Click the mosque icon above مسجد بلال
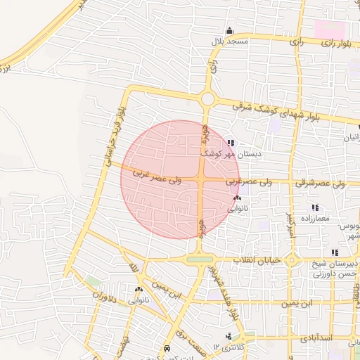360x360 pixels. tap(229, 31)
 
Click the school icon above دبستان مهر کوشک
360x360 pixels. tap(231, 143)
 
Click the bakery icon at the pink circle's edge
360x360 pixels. tap(237, 199)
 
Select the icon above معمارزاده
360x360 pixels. tap(315, 207)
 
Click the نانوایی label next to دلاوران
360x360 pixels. tap(138, 300)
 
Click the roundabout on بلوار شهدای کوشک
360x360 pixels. tap(207, 99)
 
